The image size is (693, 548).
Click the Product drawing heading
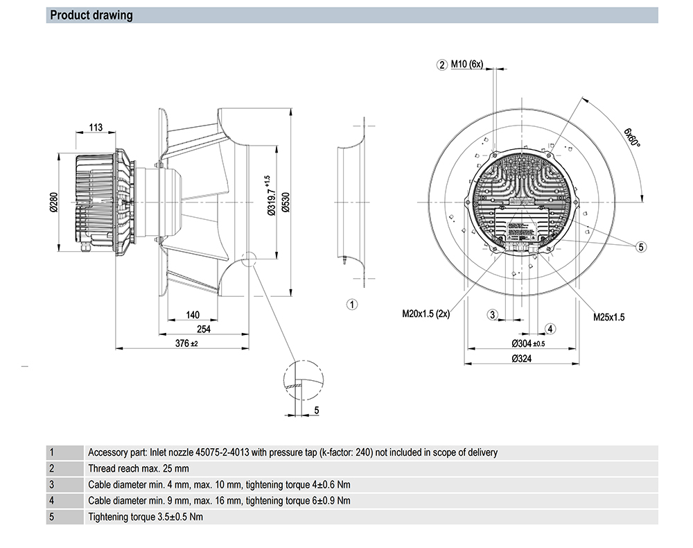pos(91,15)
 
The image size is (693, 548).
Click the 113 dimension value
pos(96,127)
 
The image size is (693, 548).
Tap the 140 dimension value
pos(193,316)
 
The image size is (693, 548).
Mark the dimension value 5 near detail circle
pos(317,411)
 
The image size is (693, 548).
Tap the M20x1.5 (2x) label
pos(426,314)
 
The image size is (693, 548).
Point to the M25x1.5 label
pos(608,317)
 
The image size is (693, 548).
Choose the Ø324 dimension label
pos(524,359)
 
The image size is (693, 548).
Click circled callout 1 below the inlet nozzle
pos(351,304)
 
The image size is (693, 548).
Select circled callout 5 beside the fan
pos(641,246)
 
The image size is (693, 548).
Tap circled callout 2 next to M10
pos(441,65)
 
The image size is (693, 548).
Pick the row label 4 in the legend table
pos(52,500)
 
